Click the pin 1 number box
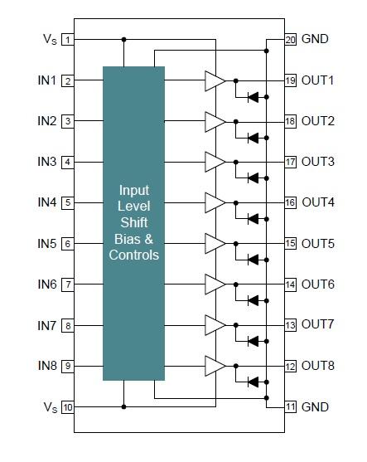[68, 40]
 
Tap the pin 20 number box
[290, 39]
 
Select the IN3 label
[46, 162]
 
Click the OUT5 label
[318, 244]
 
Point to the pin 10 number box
[68, 407]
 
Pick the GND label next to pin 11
[315, 407]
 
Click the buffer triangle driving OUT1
[215, 80]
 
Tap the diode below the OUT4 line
[254, 219]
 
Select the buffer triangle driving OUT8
[215, 366]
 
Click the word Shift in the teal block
[134, 222]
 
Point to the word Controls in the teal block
[134, 255]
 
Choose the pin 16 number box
[290, 202]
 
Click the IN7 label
[46, 326]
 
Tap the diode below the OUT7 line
[254, 341]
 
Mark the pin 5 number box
[68, 202]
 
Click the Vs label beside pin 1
[50, 39]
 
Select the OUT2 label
[318, 121]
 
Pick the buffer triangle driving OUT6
[215, 284]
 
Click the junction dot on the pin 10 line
[124, 407]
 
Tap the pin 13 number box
[290, 325]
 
